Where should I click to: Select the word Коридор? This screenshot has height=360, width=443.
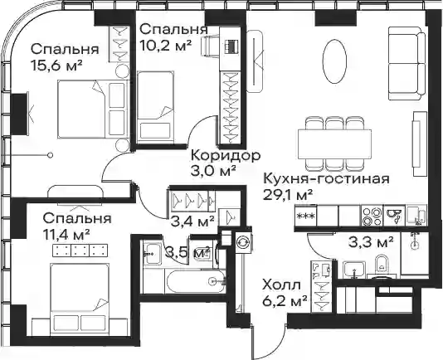click(226, 156)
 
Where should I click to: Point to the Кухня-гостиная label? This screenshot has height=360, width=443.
click(326, 179)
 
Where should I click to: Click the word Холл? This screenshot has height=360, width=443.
click(281, 285)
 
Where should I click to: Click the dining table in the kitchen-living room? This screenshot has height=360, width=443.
click(334, 144)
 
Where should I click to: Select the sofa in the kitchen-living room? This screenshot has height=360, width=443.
click(406, 63)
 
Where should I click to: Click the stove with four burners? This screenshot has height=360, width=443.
click(372, 216)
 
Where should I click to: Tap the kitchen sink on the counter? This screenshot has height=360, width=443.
click(394, 216)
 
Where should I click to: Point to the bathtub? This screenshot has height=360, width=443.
click(196, 281)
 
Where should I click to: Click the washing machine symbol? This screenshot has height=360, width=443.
click(242, 242)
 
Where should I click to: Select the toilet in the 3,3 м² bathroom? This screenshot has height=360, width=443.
click(382, 265)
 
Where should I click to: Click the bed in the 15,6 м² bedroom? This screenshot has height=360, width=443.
click(91, 109)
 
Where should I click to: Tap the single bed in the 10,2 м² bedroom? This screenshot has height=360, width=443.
click(155, 106)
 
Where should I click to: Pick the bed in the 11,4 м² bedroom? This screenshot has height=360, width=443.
click(80, 297)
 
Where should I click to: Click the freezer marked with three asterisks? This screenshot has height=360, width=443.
click(305, 216)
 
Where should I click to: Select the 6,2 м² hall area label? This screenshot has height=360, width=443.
click(285, 302)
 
